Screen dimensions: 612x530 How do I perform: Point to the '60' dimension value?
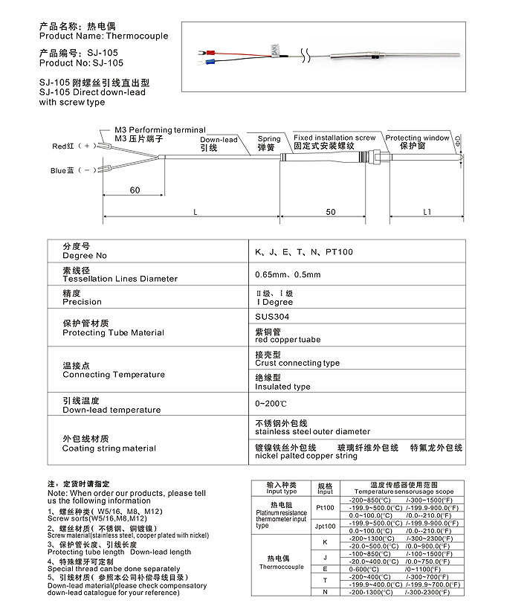point(135,190)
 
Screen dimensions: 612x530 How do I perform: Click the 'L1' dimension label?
point(427,212)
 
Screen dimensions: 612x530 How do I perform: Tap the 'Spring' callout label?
point(269,139)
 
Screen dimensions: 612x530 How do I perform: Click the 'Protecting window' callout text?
point(417,138)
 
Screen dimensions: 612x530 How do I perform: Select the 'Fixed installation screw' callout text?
point(335,138)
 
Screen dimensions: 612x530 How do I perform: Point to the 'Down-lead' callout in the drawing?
point(219,140)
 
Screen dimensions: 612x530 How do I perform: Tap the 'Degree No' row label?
point(85,256)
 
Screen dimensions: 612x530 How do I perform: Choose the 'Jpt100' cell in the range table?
point(325,526)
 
